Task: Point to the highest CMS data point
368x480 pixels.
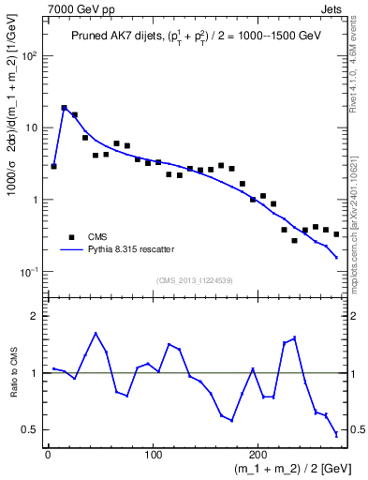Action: click(64, 109)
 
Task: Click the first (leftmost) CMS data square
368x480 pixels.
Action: click(53, 166)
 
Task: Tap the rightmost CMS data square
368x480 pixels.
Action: click(336, 234)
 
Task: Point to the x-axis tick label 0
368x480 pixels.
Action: click(48, 456)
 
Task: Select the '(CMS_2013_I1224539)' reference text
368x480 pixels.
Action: click(194, 280)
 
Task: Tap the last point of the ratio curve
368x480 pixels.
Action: click(336, 434)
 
